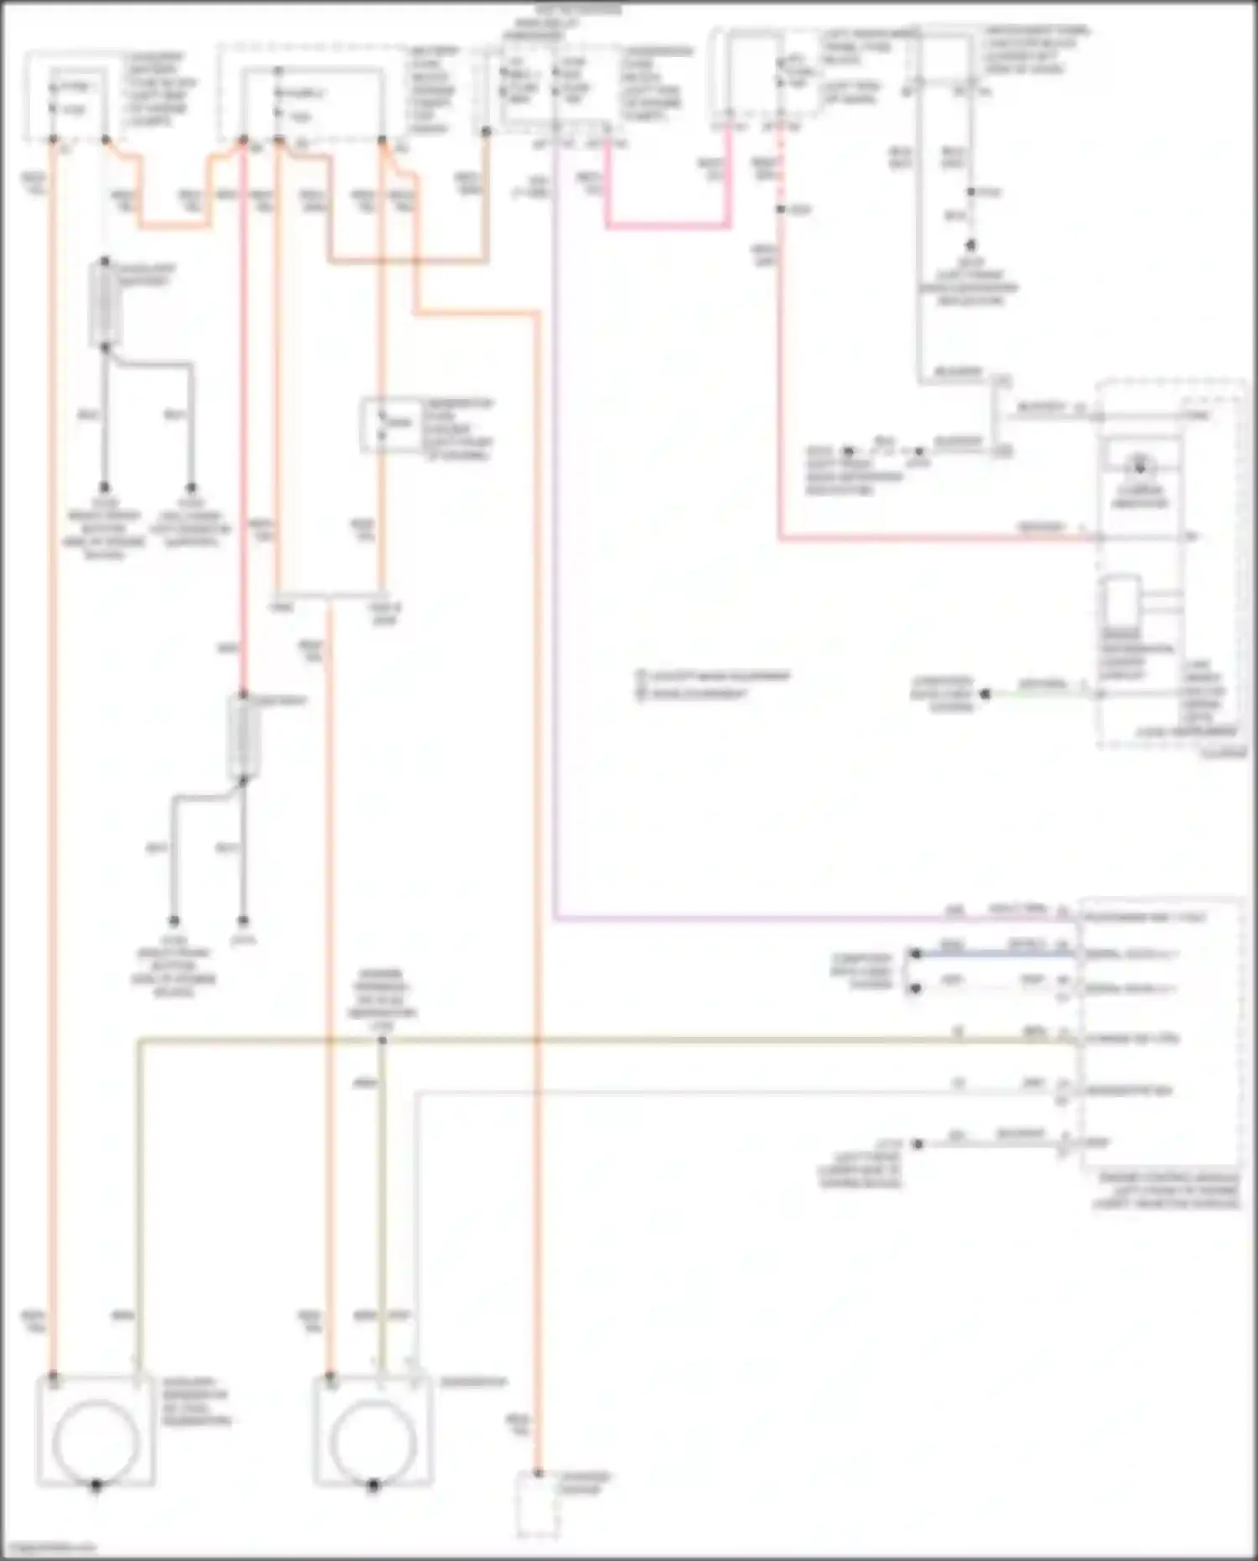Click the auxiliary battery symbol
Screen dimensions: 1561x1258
pyautogui.click(x=105, y=303)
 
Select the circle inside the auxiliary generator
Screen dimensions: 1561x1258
pyautogui.click(x=95, y=1441)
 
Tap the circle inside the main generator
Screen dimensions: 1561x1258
pyautogui.click(x=373, y=1441)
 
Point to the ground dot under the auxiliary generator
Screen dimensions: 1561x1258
pyautogui.click(x=96, y=1485)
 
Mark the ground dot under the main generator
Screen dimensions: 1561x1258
pyautogui.click(x=373, y=1485)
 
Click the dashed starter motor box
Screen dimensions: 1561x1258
pyautogui.click(x=538, y=1505)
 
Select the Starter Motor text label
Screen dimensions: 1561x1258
pyautogui.click(x=586, y=1482)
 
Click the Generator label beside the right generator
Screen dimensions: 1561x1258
pyautogui.click(x=473, y=1382)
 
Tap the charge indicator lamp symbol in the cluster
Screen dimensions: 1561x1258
pyautogui.click(x=1139, y=465)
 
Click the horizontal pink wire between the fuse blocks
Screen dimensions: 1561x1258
pyautogui.click(x=667, y=225)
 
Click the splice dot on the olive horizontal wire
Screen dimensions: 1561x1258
pyautogui.click(x=382, y=1040)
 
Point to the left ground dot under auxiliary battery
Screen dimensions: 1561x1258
pyautogui.click(x=105, y=487)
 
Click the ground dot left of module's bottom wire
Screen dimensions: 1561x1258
pyautogui.click(x=918, y=1143)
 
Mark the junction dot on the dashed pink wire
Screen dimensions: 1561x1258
pyautogui.click(x=780, y=209)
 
